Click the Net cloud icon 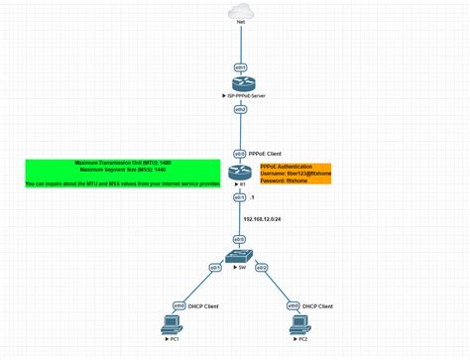click(x=239, y=14)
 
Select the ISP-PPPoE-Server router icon click(x=240, y=86)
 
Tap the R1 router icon click(x=240, y=175)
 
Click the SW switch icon click(x=239, y=260)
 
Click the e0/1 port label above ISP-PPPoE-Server click(x=240, y=66)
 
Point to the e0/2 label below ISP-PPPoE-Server click(x=240, y=109)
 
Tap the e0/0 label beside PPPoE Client click(x=239, y=154)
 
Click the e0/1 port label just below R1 click(x=239, y=197)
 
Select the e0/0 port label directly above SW click(x=239, y=240)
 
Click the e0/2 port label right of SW click(x=263, y=268)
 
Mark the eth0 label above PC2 click(x=293, y=305)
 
